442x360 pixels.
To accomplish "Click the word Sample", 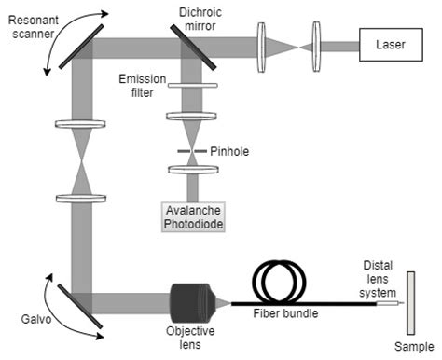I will [410, 346].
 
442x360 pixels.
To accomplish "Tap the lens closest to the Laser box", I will [318, 44].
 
